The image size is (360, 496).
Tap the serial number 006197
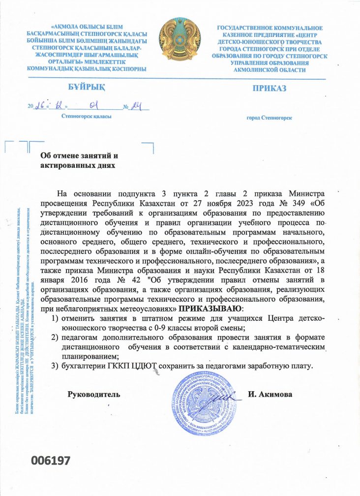(51, 461)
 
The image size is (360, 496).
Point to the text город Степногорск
(269, 118)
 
